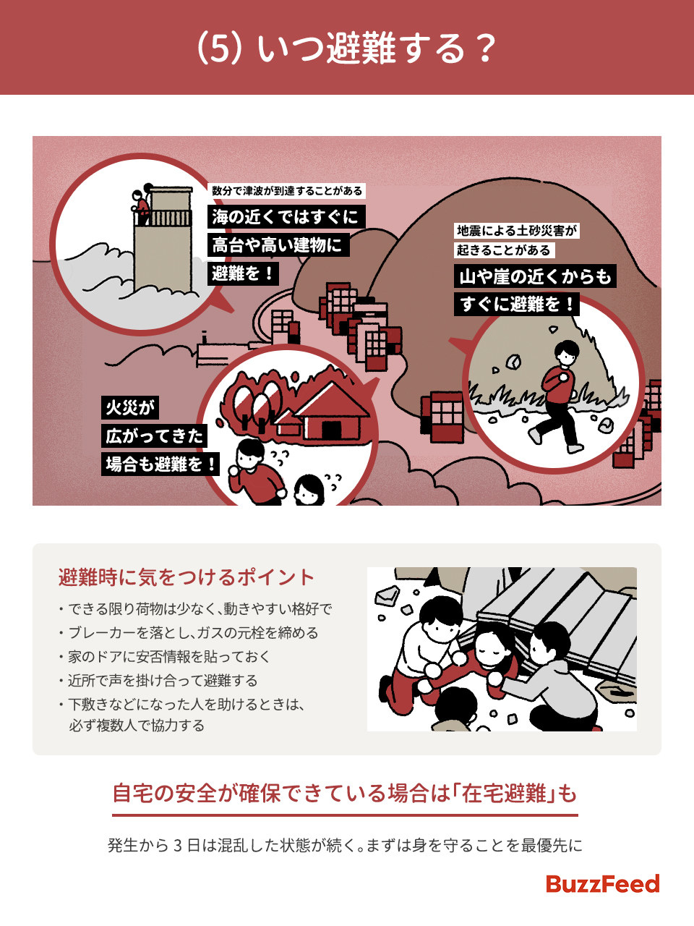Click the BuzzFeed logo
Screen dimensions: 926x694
602,884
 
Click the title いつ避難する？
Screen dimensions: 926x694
347,48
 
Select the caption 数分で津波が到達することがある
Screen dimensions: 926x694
287,191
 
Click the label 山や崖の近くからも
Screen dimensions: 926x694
535,276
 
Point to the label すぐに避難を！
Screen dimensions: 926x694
517,304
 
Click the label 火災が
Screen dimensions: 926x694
130,407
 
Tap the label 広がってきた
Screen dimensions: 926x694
155,436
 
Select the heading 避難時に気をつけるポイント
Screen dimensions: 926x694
187,577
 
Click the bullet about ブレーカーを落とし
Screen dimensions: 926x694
193,632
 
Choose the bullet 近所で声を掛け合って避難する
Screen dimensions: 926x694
163,680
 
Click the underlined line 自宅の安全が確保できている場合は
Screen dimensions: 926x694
345,794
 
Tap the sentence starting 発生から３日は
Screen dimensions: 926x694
345,845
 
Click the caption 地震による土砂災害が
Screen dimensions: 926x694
517,231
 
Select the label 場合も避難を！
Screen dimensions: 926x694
160,464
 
